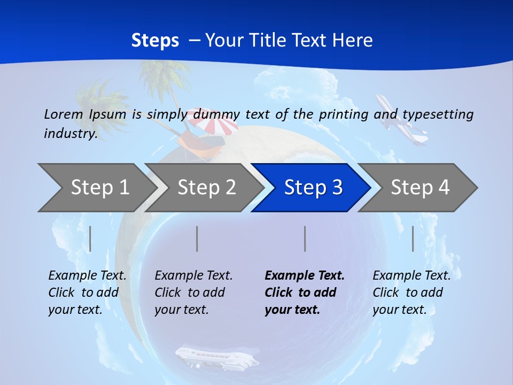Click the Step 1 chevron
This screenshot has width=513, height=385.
[99, 188]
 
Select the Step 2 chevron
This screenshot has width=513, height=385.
[206, 188]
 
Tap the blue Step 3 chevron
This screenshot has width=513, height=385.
[313, 188]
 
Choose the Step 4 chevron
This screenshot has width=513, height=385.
[420, 188]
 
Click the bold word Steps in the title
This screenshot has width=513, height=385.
[155, 40]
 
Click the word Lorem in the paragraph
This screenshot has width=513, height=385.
[64, 114]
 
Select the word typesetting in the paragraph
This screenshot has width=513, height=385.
[438, 114]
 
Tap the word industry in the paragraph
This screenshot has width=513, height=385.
[70, 133]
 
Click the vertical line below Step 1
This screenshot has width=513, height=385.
[90, 238]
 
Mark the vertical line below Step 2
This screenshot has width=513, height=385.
[197, 238]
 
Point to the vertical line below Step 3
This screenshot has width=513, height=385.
[305, 238]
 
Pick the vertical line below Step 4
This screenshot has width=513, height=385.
[413, 238]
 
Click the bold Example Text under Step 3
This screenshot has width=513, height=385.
[305, 276]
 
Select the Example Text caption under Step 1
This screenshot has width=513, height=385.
[88, 276]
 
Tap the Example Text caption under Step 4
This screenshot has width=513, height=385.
[411, 276]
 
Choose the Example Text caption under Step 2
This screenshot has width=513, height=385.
[194, 276]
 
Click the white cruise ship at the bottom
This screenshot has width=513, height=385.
[216, 358]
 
